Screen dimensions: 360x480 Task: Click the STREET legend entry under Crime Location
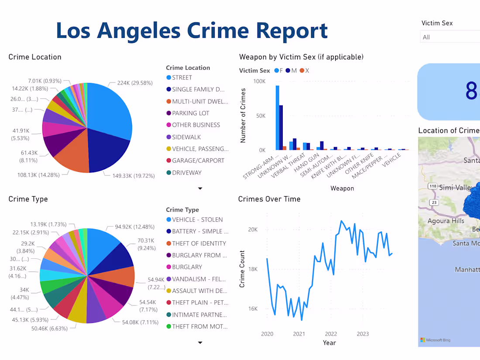point(182,78)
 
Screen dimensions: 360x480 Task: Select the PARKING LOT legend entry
point(190,113)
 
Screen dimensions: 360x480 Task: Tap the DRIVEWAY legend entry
point(186,172)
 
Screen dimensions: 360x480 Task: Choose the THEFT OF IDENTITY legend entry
point(199,243)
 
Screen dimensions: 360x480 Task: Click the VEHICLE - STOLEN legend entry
point(197,219)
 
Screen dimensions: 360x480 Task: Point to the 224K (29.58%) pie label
point(135,83)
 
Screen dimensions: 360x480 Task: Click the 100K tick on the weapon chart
point(259,82)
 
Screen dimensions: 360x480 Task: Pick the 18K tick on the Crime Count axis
point(253,269)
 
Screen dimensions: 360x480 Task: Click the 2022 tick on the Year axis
point(331,334)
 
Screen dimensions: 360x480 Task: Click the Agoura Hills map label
point(446,221)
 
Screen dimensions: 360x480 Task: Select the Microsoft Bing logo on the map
point(435,340)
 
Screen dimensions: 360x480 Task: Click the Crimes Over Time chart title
point(269,199)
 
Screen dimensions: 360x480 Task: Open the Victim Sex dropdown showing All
point(449,37)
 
